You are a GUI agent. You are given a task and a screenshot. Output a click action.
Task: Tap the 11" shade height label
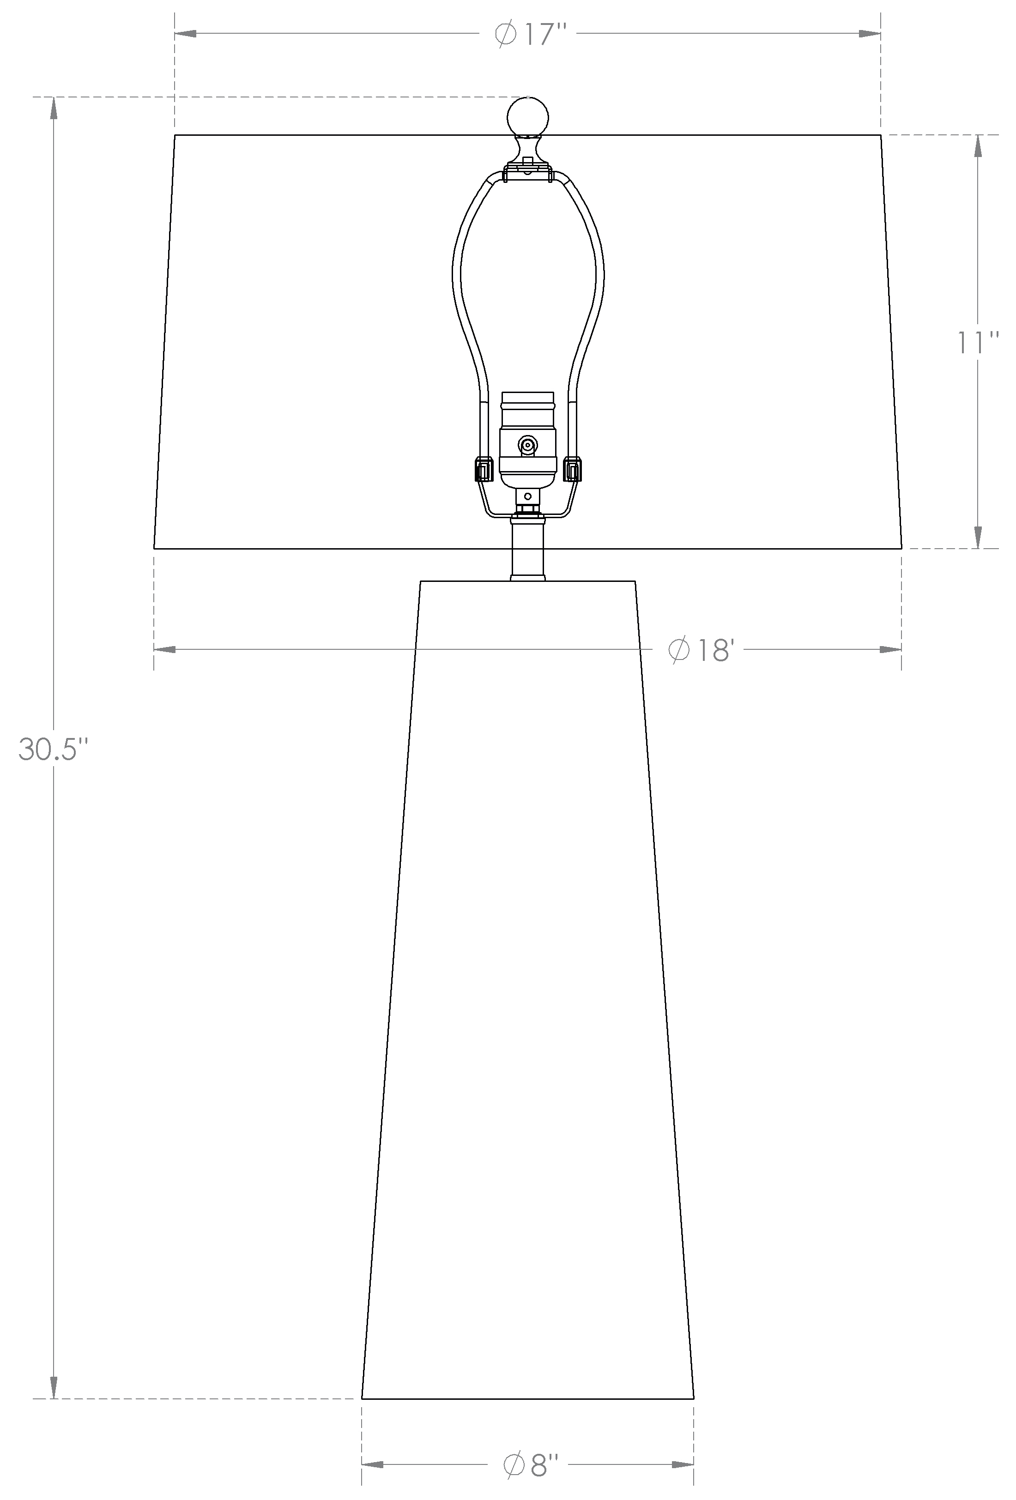pos(977,342)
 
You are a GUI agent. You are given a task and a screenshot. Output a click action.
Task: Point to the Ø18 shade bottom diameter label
pos(701,649)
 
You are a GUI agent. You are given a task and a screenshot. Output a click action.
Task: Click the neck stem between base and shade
pos(528,549)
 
